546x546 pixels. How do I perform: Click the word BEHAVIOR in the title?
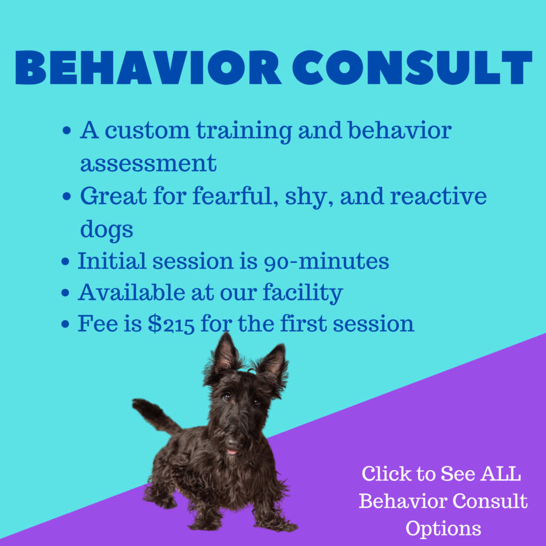pos(148,68)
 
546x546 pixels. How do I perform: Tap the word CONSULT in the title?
pos(412,68)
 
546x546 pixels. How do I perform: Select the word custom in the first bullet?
pos(147,130)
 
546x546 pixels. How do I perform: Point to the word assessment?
pos(148,163)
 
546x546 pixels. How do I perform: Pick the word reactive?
pos(438,196)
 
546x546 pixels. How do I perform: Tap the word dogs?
pos(107,230)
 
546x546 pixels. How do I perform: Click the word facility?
pos(303,293)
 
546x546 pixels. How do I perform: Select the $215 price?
pos(171,324)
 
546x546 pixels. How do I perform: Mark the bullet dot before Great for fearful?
pos(67,196)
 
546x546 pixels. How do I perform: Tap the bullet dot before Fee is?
pos(65,324)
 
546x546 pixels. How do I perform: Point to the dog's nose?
pos(234,443)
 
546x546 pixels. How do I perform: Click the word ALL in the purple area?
pos(500,474)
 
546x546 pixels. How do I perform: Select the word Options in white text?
pos(443,529)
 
